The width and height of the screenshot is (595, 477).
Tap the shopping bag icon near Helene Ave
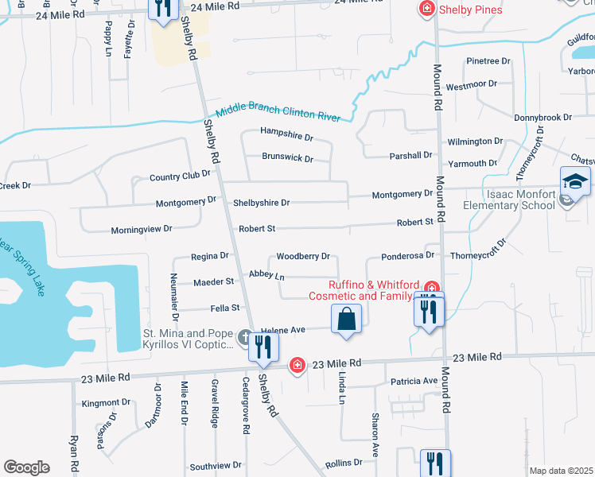click(346, 320)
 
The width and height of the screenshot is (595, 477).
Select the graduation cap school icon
click(575, 183)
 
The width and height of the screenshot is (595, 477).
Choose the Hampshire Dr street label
click(287, 137)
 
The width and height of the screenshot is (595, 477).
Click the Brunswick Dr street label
click(288, 157)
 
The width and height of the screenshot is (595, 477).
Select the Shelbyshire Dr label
click(261, 203)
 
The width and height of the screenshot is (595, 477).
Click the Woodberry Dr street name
click(302, 257)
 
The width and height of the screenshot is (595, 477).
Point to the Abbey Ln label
click(266, 275)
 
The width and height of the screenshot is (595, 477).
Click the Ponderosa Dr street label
click(408, 256)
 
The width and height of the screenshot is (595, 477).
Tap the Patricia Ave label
click(414, 382)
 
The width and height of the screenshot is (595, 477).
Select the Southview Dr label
click(215, 466)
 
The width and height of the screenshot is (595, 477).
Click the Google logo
click(26, 467)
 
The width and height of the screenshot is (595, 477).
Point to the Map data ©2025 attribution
click(561, 471)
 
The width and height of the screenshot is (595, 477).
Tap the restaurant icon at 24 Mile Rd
click(162, 9)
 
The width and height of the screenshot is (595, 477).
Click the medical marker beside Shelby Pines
click(426, 9)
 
